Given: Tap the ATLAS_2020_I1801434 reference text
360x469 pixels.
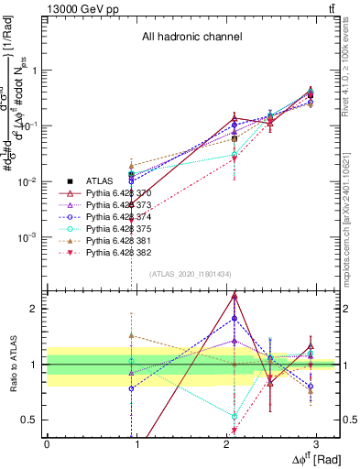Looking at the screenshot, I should (x=191, y=274).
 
